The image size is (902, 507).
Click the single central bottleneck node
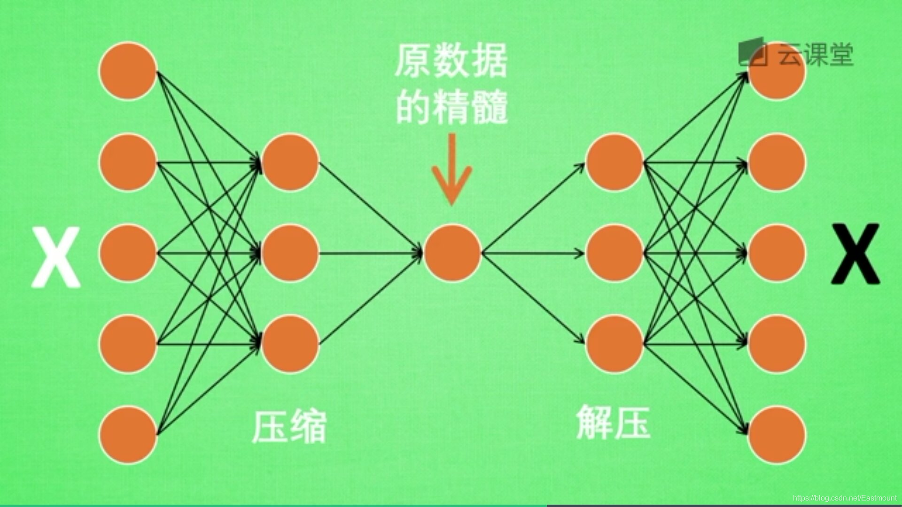[452, 253]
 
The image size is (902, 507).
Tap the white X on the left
[56, 257]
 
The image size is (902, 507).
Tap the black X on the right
[855, 254]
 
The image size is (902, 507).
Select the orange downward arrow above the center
[452, 169]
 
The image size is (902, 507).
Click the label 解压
[613, 422]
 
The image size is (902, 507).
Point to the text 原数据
[451, 61]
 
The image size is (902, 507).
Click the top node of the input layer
[128, 71]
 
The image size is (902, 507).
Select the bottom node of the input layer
[128, 435]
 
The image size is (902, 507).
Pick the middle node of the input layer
[128, 253]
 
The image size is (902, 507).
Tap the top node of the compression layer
[290, 162]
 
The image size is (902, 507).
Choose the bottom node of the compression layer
[290, 344]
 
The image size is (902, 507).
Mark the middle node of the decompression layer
[614, 253]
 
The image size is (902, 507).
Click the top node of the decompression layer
[614, 162]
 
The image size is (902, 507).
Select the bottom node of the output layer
[777, 435]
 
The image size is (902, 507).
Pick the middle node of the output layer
[777, 253]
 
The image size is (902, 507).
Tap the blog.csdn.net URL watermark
[845, 498]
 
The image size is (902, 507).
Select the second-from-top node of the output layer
[777, 162]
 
